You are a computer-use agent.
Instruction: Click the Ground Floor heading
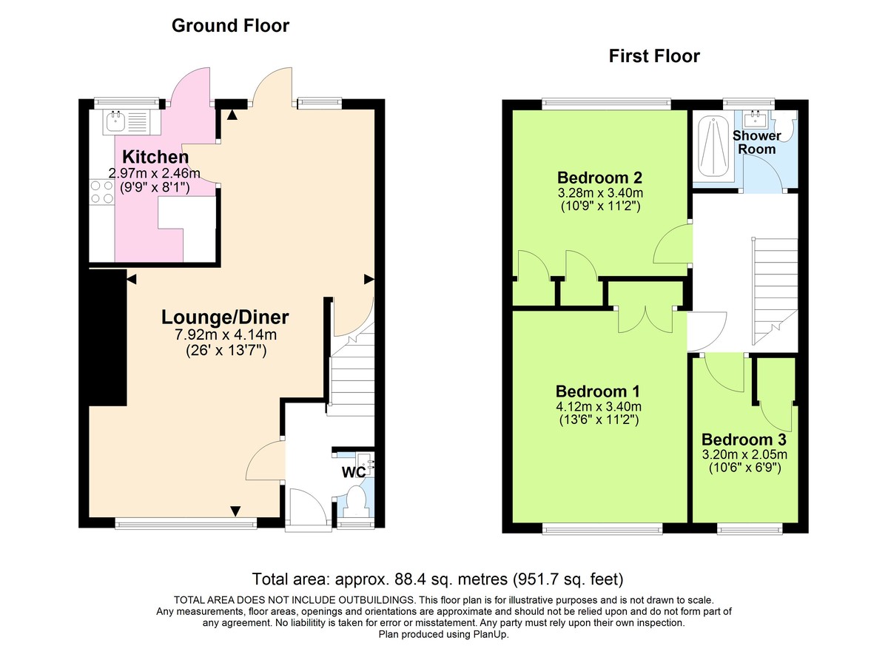click(x=230, y=26)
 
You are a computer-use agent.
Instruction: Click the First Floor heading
click(x=653, y=56)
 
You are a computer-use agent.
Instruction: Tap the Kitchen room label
click(x=155, y=157)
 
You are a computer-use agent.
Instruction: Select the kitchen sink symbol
click(x=115, y=121)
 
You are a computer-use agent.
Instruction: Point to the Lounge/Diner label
click(x=225, y=317)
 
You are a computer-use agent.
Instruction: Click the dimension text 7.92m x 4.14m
click(x=225, y=335)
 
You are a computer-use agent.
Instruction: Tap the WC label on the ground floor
click(x=351, y=471)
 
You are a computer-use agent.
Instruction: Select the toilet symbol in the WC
click(x=356, y=501)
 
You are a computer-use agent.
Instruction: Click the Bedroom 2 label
click(x=599, y=178)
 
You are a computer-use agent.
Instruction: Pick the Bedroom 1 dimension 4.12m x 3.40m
click(x=599, y=406)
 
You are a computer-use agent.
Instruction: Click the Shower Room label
click(x=756, y=142)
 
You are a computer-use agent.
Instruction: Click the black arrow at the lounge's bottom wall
click(x=235, y=511)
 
